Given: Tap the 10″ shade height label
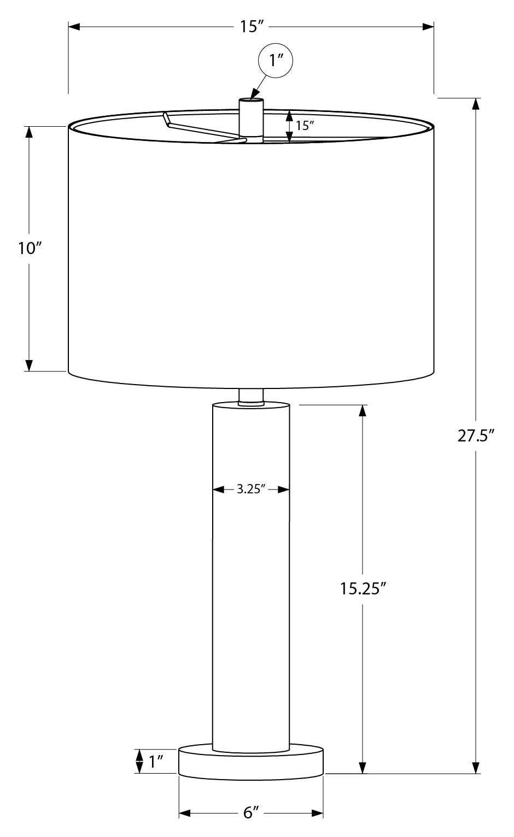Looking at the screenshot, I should [30, 249].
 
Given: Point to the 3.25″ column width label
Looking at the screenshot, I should [251, 490].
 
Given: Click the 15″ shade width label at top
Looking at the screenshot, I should [251, 26].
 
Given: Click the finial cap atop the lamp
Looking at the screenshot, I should [251, 115].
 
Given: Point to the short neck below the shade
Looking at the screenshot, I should [251, 397].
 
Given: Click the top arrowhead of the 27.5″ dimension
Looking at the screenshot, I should [477, 104].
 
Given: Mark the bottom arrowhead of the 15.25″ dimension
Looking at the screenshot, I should [361, 768].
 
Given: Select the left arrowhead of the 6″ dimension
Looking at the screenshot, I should [185, 814].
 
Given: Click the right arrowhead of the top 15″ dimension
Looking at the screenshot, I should [428, 26].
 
